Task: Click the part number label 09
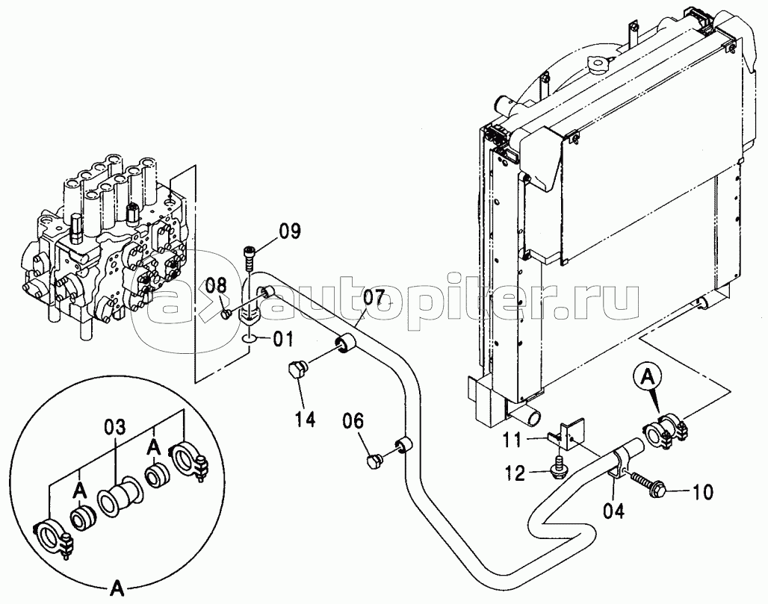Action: (290, 231)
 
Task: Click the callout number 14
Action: (305, 419)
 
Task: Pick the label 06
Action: (353, 421)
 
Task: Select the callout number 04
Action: (613, 512)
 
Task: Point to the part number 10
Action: (703, 492)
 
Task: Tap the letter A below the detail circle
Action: (117, 588)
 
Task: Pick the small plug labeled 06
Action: (375, 461)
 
